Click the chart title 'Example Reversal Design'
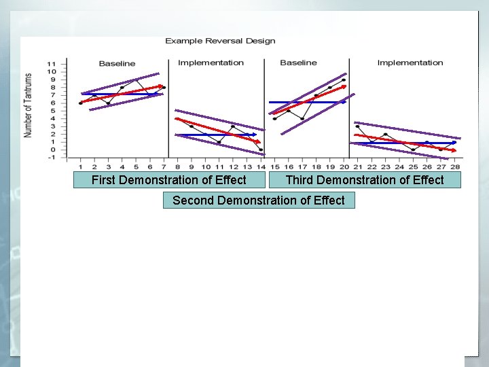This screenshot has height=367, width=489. (x=220, y=41)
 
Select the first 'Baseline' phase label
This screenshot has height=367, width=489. (x=117, y=64)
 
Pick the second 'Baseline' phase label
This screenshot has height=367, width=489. (x=298, y=63)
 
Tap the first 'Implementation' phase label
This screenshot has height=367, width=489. (x=211, y=63)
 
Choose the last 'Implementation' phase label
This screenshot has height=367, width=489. (x=410, y=63)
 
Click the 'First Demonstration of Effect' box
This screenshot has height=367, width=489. (x=168, y=180)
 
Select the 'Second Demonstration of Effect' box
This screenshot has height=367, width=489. (x=258, y=200)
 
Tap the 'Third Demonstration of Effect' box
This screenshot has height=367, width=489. (x=364, y=180)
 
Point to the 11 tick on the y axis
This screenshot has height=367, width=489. (x=52, y=64)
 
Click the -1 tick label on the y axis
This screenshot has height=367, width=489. (x=52, y=158)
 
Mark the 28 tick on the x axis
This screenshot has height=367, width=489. (x=455, y=167)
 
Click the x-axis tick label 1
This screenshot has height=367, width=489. (x=80, y=167)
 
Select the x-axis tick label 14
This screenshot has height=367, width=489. (x=261, y=167)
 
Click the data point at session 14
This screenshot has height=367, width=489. (x=261, y=150)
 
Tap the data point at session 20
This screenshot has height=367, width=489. (x=344, y=80)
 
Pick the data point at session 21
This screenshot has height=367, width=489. (x=357, y=126)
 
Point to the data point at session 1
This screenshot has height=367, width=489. (x=80, y=103)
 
